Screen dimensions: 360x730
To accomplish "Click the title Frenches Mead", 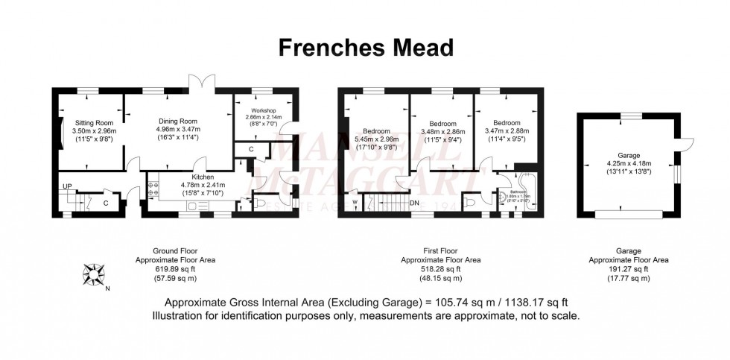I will click(x=366, y=48).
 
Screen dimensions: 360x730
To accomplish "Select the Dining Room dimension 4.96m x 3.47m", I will click(x=177, y=129).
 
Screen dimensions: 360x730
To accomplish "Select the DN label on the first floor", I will click(x=414, y=203).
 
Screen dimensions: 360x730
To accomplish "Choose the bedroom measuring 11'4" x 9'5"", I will click(x=504, y=139).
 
